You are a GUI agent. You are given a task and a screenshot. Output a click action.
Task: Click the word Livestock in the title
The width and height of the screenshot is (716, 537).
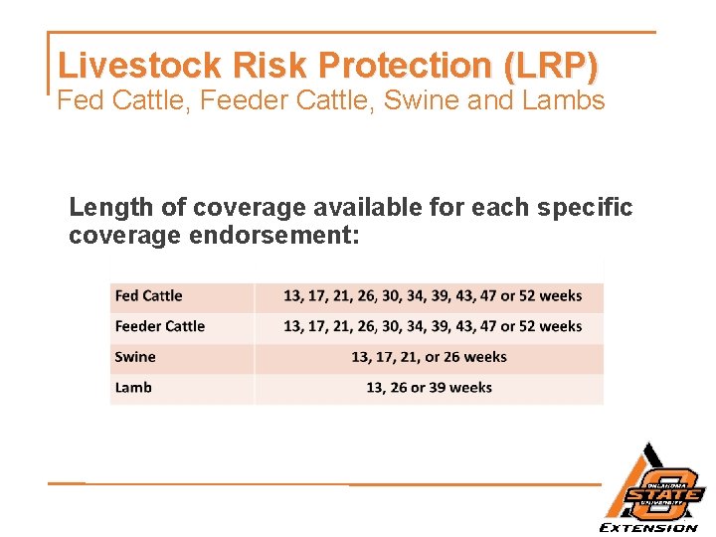pos(140,66)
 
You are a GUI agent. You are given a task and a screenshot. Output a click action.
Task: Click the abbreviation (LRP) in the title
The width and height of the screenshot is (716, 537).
pos(551,66)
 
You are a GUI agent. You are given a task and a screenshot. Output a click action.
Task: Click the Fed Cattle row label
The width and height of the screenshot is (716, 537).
pos(149,295)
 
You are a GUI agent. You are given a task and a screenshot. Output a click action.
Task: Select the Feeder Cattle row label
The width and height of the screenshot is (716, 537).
pos(160,326)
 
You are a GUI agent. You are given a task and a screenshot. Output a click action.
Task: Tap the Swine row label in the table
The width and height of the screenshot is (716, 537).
pos(136,357)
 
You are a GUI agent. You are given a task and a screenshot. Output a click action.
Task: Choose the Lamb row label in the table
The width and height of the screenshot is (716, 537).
pos(134,388)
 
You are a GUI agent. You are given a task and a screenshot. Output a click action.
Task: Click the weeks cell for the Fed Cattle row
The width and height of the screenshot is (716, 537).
pos(433,295)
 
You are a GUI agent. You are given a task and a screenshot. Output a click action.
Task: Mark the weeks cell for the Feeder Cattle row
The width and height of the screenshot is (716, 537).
pos(433,326)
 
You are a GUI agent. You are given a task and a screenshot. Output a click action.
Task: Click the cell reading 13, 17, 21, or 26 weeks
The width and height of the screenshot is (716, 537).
pos(429,357)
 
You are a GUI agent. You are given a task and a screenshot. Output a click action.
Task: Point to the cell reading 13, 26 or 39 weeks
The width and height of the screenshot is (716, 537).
pos(429,388)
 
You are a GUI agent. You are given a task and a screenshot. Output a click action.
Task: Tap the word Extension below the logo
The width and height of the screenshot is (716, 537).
pos(648,527)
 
